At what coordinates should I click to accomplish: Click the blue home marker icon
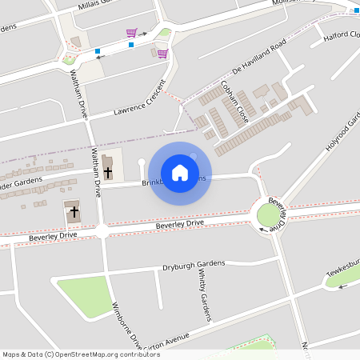tap(180, 173)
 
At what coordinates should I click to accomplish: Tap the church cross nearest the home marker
tap(108, 170)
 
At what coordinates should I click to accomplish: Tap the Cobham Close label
tap(235, 100)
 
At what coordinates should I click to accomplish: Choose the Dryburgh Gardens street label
tap(194, 265)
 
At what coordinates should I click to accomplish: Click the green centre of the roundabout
tap(266, 214)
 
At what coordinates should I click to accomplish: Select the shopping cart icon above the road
tap(131, 33)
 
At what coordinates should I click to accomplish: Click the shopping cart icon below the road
tap(162, 54)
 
